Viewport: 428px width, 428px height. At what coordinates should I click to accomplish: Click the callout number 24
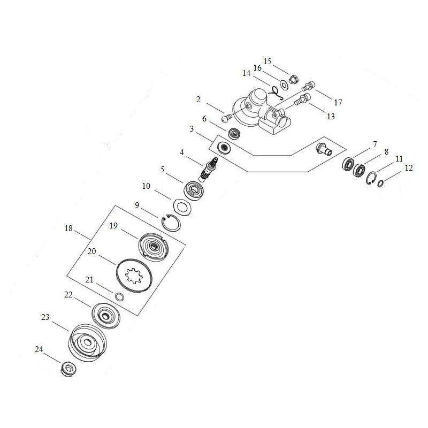(39, 349)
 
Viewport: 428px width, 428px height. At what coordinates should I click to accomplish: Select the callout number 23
(45, 317)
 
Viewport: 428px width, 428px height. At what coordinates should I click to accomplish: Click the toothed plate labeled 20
(135, 274)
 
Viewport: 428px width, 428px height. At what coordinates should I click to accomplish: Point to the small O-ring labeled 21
(120, 297)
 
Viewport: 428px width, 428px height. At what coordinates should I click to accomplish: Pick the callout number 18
(68, 228)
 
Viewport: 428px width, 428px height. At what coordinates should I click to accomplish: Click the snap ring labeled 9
(172, 221)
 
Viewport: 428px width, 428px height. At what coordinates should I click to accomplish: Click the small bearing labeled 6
(233, 133)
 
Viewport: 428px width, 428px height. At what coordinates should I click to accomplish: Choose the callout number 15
(267, 62)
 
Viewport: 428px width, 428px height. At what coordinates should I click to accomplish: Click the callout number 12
(409, 168)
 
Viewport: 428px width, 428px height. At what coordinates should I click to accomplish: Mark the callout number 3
(192, 129)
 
